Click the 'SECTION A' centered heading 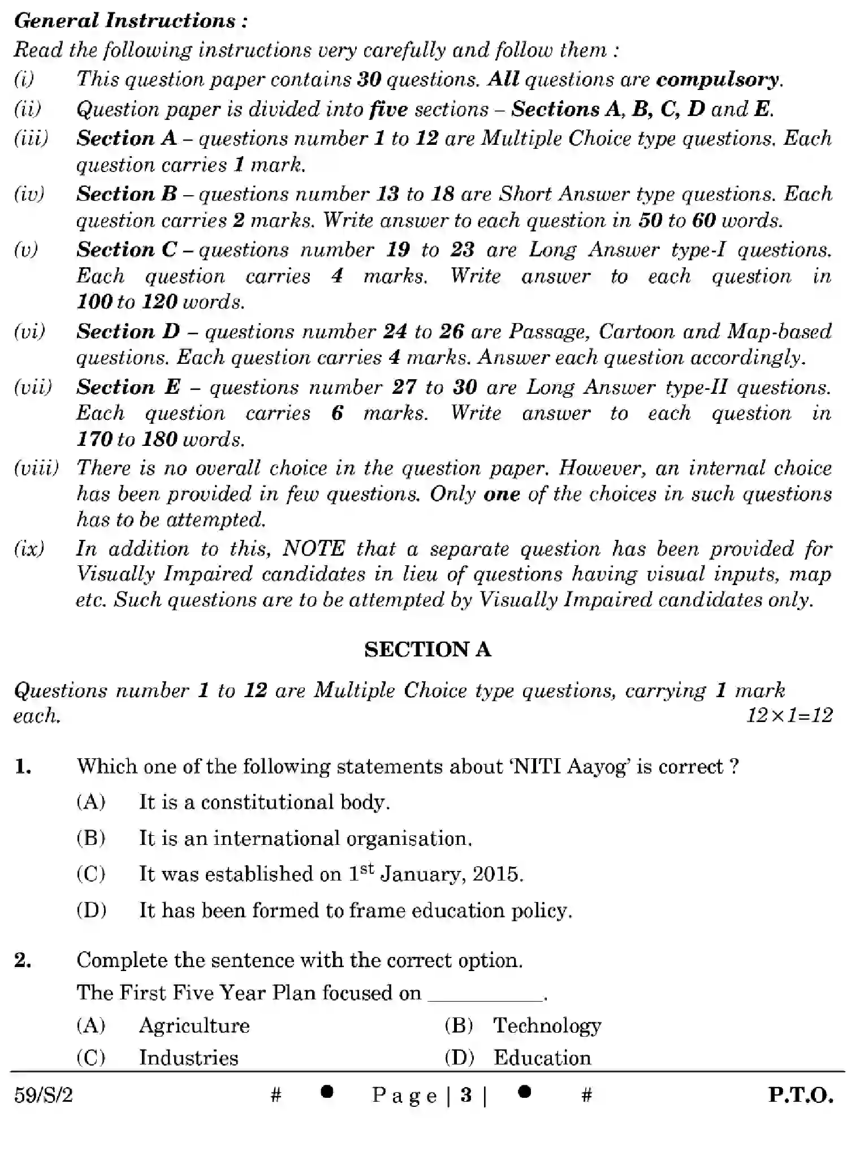click(427, 649)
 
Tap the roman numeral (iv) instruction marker click(29, 194)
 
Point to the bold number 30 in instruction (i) click(369, 79)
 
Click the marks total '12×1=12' click(789, 716)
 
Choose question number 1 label click(23, 767)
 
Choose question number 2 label click(23, 960)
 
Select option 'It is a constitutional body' click(264, 802)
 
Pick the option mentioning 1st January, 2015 click(331, 874)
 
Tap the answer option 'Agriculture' click(194, 1025)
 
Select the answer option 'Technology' click(547, 1025)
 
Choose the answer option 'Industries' click(188, 1058)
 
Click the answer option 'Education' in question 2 click(542, 1058)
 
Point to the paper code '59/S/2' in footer click(44, 1096)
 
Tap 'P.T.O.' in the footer click(800, 1096)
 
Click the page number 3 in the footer click(466, 1096)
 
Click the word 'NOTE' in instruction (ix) click(313, 549)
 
